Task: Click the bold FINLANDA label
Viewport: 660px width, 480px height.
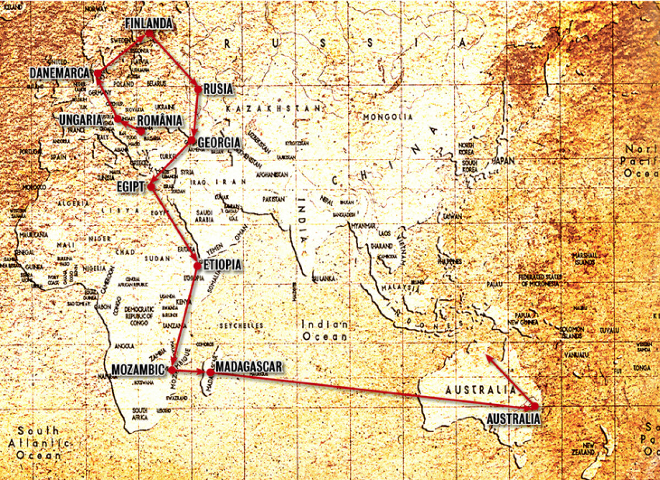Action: pyautogui.click(x=149, y=24)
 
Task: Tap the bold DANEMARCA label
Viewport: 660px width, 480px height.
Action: pyautogui.click(x=60, y=73)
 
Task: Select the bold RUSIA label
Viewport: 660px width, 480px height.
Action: pyautogui.click(x=218, y=89)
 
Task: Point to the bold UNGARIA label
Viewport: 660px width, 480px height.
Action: pyautogui.click(x=82, y=119)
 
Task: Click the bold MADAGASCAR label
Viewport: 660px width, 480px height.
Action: pyautogui.click(x=249, y=367)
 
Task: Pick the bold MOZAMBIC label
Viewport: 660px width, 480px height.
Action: pyautogui.click(x=138, y=370)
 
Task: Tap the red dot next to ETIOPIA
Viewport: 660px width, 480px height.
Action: pyautogui.click(x=197, y=266)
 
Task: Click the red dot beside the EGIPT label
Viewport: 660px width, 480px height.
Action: pyautogui.click(x=152, y=187)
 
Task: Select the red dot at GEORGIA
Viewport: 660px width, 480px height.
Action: pyautogui.click(x=192, y=140)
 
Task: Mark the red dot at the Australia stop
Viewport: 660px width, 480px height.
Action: pyautogui.click(x=534, y=406)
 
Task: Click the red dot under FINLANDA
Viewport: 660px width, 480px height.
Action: pyautogui.click(x=149, y=34)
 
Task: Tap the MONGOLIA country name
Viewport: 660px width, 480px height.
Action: pyautogui.click(x=387, y=117)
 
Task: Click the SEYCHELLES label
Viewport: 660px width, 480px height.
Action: pyautogui.click(x=241, y=325)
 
